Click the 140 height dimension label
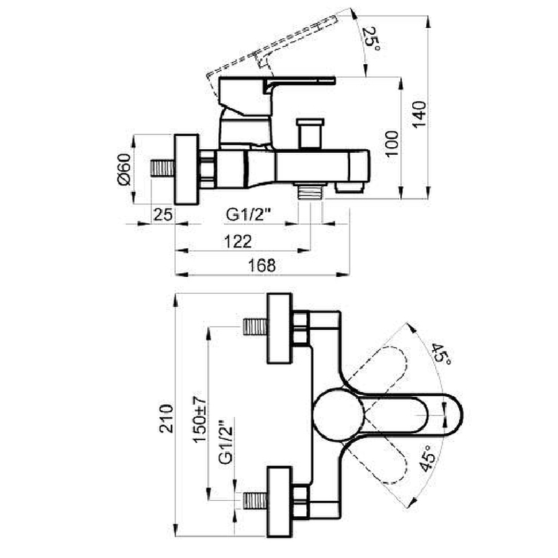419,114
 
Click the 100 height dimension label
392,144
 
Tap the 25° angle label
371,38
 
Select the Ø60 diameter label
123,169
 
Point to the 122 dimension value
238,241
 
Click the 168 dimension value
262,266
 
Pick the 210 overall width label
166,418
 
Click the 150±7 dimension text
199,419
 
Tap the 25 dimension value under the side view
163,215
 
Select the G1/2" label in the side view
249,214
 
